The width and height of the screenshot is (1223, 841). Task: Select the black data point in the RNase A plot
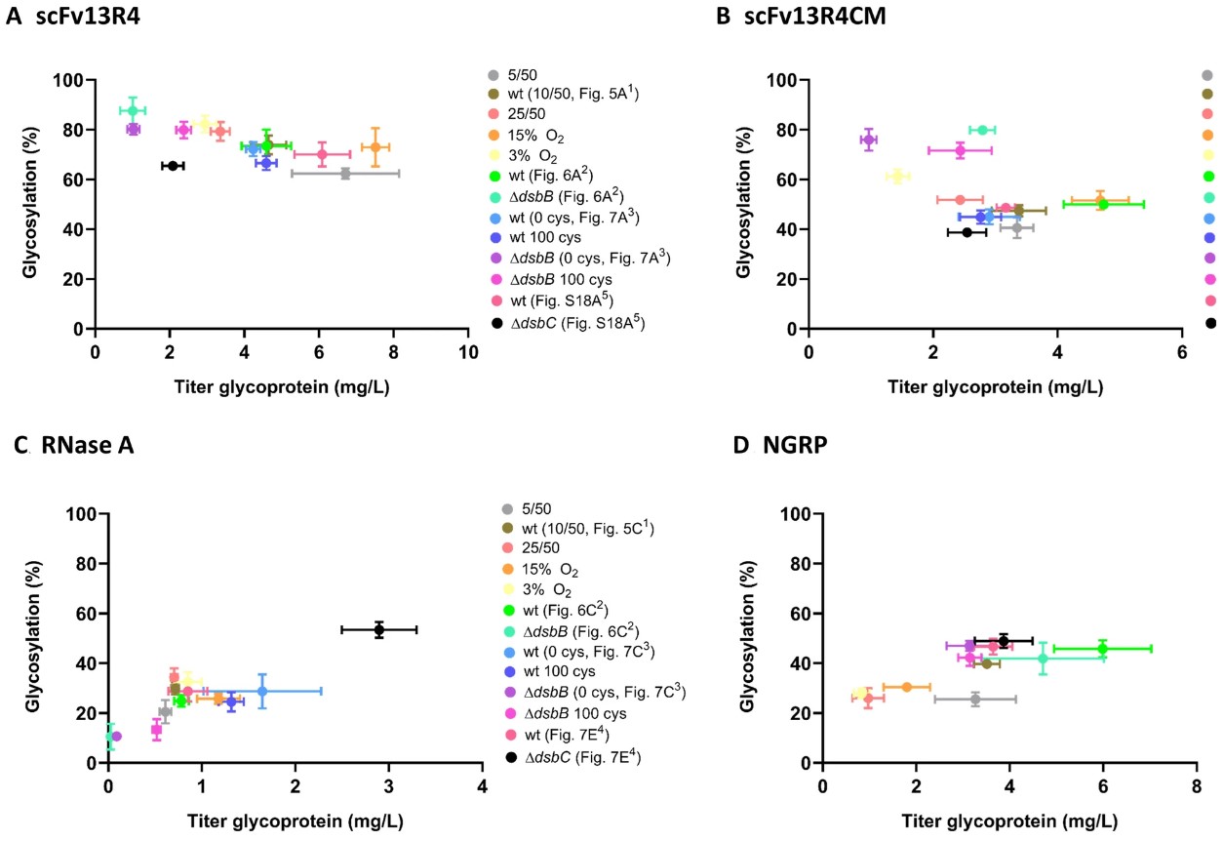[x=379, y=629]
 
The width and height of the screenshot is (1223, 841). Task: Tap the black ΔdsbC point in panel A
[x=173, y=166]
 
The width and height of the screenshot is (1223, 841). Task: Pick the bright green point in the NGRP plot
[x=1102, y=648]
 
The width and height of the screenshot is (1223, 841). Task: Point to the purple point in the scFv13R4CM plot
[x=868, y=140]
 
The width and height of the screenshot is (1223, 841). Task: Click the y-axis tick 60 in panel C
[x=86, y=614]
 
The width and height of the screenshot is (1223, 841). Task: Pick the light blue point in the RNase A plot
[x=261, y=691]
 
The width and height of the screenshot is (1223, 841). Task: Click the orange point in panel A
[x=375, y=147]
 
